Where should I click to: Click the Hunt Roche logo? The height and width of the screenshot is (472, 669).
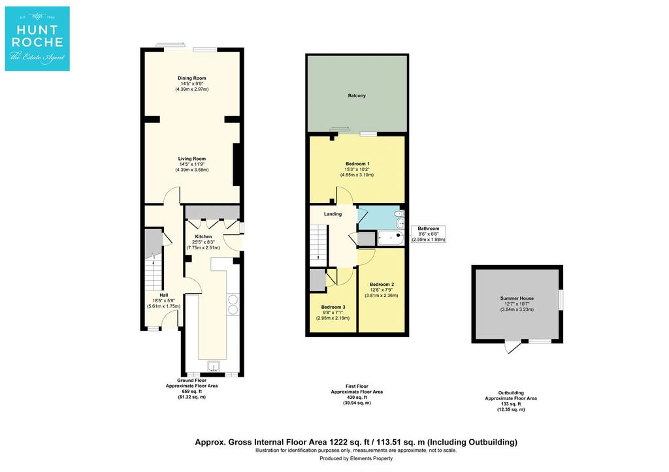37,39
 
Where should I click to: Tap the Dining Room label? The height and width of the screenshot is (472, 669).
192,78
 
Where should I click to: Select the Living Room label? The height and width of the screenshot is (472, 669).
192,159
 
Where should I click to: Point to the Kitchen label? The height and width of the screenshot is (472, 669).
203,236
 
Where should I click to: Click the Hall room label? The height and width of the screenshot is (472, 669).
164,295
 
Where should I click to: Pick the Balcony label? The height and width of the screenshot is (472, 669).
357,95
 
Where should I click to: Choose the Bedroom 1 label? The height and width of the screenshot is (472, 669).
357,164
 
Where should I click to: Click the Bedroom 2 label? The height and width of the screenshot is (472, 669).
382,285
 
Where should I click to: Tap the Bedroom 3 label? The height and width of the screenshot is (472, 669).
333,307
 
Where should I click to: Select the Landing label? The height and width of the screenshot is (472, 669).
333,214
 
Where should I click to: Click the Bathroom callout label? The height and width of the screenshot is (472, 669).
429,228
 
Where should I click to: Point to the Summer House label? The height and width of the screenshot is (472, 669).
517,298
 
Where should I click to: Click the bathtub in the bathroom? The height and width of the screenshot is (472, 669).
391,238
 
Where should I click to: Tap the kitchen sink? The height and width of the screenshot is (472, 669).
214,367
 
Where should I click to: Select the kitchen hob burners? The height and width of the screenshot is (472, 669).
233,305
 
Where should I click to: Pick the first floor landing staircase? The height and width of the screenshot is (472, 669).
318,243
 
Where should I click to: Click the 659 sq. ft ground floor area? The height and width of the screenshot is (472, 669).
192,392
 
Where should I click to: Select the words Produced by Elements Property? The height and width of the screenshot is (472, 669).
356,458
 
